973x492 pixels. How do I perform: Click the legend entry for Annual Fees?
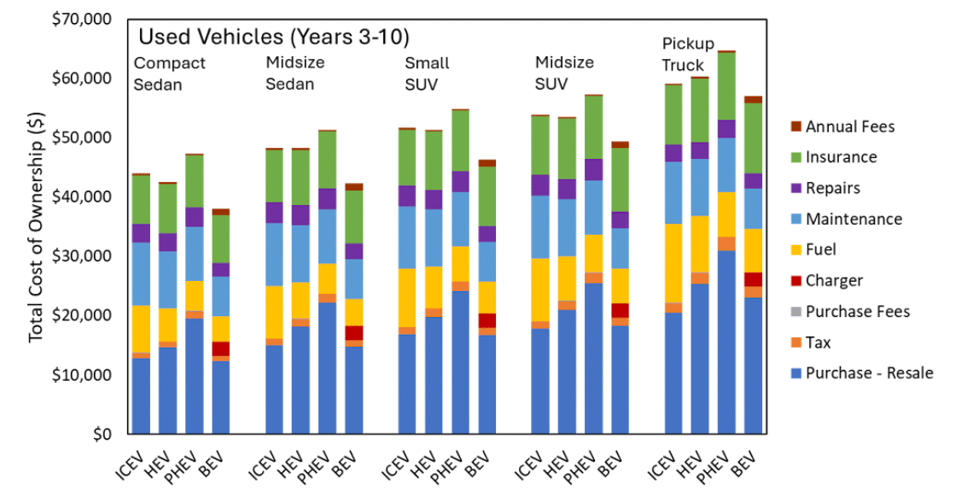coord(850,126)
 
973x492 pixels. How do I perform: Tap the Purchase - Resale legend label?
coord(869,372)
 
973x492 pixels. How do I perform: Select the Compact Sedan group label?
coord(170,73)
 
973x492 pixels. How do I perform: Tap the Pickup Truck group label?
coord(684,54)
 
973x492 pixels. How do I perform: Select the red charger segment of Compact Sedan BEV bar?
coord(221,348)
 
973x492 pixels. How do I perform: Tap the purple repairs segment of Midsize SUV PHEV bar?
coord(593,169)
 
